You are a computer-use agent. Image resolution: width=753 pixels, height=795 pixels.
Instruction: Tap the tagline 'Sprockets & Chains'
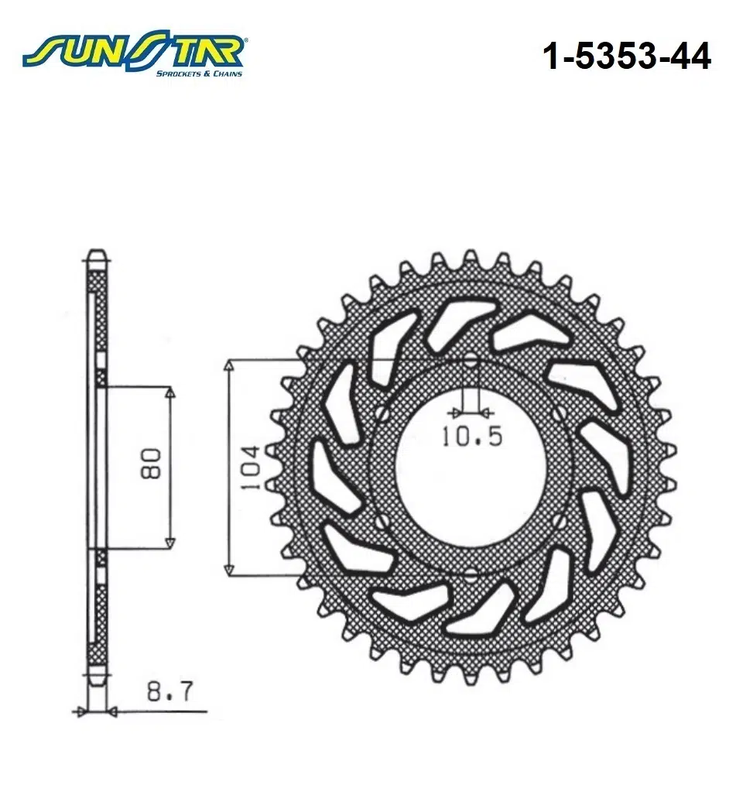point(199,74)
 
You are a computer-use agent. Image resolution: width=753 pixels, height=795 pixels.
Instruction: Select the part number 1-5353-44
point(628,56)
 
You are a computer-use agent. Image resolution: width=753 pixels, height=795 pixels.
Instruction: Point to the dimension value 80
point(152,463)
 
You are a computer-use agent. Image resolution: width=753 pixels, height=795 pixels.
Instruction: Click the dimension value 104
point(249,468)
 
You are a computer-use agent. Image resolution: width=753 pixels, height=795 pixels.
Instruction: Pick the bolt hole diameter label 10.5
point(471,437)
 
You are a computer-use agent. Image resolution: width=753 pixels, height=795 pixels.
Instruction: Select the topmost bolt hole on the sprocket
point(471,360)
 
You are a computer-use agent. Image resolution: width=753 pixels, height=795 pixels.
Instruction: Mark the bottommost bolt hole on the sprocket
point(471,574)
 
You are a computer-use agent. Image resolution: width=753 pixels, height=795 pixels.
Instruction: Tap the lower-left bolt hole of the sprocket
point(382,521)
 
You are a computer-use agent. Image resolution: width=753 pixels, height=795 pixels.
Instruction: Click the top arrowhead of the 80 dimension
point(171,393)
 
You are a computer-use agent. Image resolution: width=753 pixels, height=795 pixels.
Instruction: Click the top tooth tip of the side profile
point(95,253)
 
